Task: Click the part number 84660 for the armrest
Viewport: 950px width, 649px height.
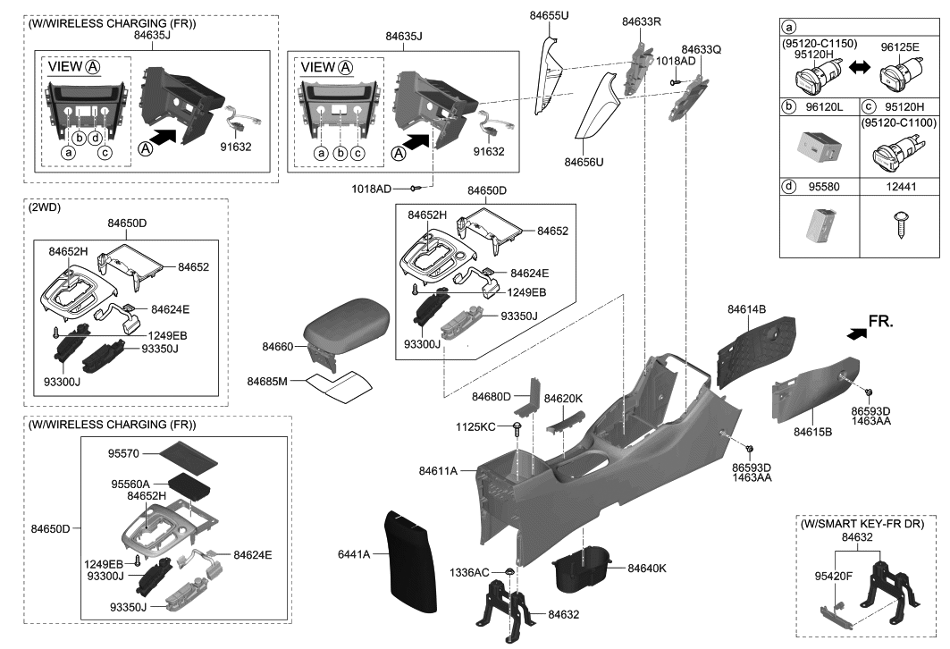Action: [277, 346]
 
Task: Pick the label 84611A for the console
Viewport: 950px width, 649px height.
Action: [438, 470]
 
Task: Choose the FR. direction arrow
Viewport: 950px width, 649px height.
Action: [858, 333]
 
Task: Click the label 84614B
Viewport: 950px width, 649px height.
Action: [747, 310]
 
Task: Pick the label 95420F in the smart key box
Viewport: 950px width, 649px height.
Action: [834, 577]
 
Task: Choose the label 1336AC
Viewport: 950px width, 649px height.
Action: [469, 571]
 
